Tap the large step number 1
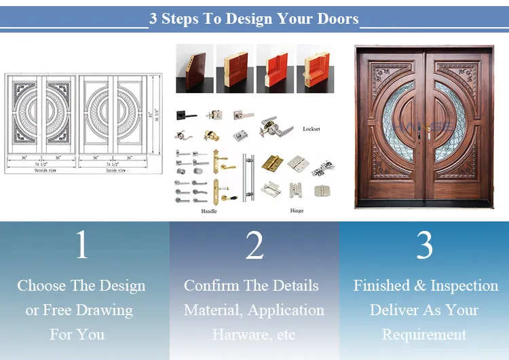coord(81,245)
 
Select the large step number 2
coord(254,245)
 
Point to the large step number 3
coord(425,245)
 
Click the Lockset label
coord(312,128)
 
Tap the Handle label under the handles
coord(209,211)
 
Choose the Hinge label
coord(297,211)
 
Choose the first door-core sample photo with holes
coord(194,68)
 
